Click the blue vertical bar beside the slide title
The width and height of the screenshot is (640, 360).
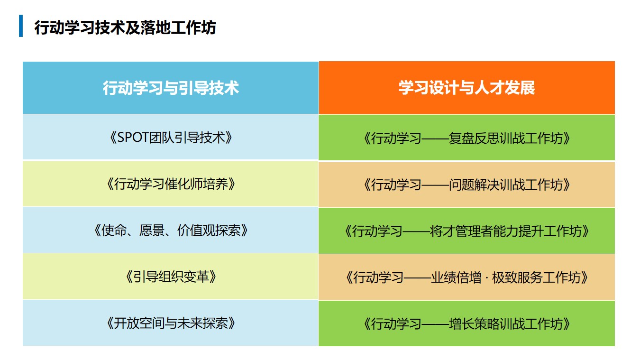pyautogui.click(x=21, y=26)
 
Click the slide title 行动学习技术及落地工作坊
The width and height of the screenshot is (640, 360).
pyautogui.click(x=125, y=28)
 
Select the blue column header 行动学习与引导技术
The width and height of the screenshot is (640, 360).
pyautogui.click(x=171, y=88)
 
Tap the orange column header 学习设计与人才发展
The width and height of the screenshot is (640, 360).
pyautogui.click(x=467, y=88)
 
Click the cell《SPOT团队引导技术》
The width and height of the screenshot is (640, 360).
pyautogui.click(x=171, y=137)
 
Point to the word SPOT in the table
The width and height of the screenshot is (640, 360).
pyautogui.click(x=133, y=138)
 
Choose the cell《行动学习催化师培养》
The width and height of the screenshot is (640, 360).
pyautogui.click(x=171, y=184)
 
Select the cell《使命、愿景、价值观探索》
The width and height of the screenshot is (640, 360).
pyautogui.click(x=171, y=230)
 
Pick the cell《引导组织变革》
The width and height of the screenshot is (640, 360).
pyautogui.click(x=171, y=277)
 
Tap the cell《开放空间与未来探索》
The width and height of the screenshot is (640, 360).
pyautogui.click(x=171, y=323)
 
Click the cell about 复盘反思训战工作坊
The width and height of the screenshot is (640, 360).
pyautogui.click(x=467, y=138)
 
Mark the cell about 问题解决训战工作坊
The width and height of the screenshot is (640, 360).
pyautogui.click(x=467, y=185)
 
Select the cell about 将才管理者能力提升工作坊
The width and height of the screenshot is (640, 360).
pyautogui.click(x=467, y=231)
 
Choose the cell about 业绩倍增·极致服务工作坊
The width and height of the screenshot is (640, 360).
pyautogui.click(x=467, y=277)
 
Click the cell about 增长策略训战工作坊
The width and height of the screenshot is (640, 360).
pyautogui.click(x=467, y=323)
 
